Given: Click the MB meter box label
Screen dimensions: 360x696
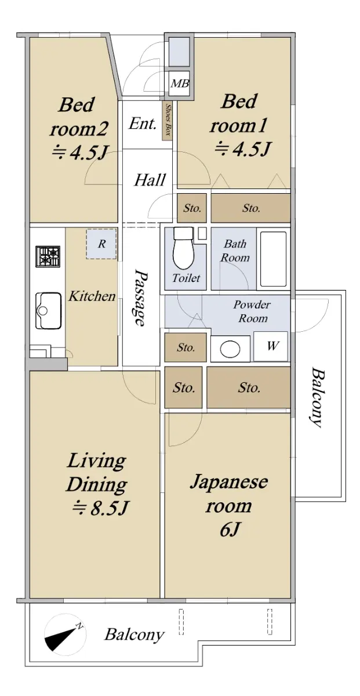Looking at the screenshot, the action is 180,84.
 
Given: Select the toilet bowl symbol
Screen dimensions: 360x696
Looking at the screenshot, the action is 184,248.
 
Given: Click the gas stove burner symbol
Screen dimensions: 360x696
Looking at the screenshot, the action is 48,256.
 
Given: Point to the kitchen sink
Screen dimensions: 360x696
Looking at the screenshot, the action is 48,310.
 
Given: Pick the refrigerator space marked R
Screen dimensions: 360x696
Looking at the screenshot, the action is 101,244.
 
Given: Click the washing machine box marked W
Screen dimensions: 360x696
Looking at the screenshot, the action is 271,346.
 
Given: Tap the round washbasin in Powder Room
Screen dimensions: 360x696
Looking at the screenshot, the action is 230,349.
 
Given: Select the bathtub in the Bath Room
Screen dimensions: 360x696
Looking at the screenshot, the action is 274,259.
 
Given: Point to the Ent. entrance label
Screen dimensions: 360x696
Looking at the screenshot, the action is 143,124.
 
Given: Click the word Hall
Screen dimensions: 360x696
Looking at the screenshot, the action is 150,180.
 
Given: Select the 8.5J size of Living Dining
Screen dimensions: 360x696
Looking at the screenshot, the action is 100,509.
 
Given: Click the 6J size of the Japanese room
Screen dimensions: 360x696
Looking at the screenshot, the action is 230,530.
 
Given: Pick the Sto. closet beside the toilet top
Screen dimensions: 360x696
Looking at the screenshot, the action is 192,208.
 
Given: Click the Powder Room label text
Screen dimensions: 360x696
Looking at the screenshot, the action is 252,311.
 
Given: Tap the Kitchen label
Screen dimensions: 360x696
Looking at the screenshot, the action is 92,296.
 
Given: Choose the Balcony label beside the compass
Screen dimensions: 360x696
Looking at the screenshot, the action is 134,635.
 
